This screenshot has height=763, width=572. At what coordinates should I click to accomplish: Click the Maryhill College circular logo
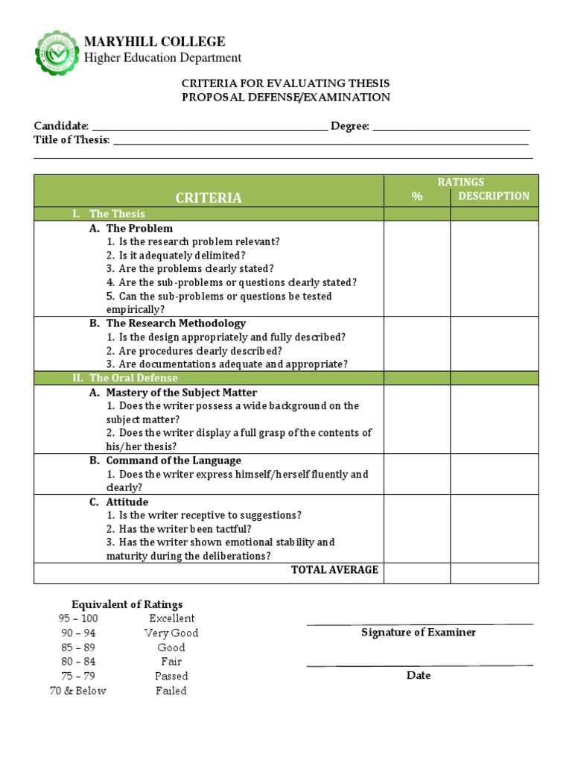[58, 53]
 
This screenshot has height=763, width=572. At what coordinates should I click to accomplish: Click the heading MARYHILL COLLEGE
[154, 42]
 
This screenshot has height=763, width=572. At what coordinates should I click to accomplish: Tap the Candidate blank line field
[209, 127]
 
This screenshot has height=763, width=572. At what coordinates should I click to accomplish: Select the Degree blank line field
[451, 127]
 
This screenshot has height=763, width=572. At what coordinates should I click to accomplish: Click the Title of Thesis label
[71, 140]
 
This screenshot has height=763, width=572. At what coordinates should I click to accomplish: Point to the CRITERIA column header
[209, 197]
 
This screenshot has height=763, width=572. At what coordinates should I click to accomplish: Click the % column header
[417, 197]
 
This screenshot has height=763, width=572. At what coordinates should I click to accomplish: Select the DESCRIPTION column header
[494, 196]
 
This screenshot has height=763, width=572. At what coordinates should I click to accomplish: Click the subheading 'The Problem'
[139, 229]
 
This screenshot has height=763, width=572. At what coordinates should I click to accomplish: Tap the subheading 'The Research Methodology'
[176, 323]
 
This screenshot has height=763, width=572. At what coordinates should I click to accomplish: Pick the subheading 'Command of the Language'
[174, 460]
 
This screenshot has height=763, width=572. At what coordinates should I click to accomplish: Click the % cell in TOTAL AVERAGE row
[417, 572]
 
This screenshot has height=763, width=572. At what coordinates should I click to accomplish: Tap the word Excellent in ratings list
[172, 618]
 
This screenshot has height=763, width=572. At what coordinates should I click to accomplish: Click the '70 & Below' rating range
[78, 691]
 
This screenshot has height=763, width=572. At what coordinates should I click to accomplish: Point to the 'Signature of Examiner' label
[419, 633]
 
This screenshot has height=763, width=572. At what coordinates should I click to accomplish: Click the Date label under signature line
[419, 676]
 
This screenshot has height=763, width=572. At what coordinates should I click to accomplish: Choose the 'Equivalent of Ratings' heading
[127, 604]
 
